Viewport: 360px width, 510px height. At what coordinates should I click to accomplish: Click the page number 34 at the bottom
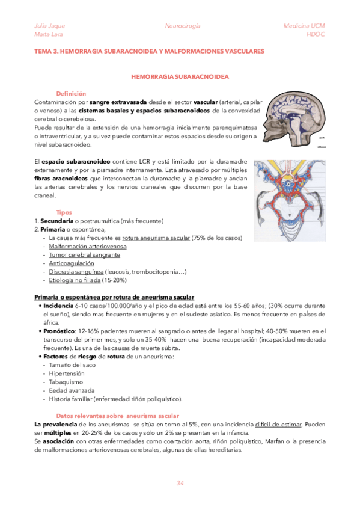180,483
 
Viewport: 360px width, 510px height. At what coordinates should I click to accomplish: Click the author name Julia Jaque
49,26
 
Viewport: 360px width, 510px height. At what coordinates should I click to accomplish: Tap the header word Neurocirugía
183,26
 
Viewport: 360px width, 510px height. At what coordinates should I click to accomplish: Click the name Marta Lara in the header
47,34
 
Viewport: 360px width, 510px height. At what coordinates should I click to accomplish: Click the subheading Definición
71,94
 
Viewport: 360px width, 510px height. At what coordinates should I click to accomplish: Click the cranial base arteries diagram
290,191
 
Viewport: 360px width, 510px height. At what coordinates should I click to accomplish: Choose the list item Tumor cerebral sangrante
81,255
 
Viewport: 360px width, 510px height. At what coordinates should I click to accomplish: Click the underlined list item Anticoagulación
72,263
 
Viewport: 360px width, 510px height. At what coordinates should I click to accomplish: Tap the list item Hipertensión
67,373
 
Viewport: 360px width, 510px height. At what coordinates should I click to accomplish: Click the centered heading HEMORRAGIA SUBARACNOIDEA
180,77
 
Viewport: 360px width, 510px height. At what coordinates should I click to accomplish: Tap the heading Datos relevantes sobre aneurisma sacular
118,416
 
